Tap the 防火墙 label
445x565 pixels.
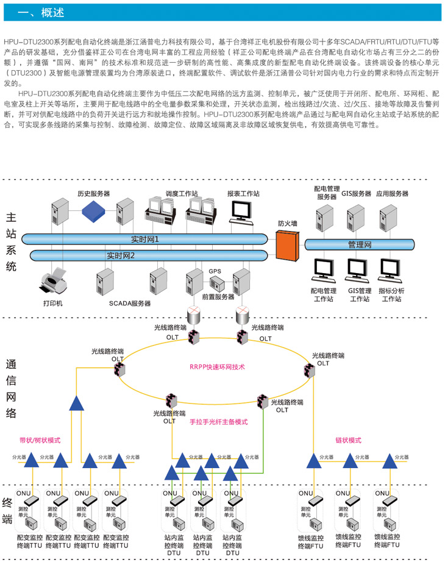click(288, 224)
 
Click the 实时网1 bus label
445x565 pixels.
click(145, 239)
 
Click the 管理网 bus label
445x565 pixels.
click(360, 244)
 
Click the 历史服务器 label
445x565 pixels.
click(93, 193)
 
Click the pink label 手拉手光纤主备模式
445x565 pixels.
click(219, 422)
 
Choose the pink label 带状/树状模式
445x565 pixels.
click(40, 439)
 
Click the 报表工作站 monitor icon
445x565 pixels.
click(241, 210)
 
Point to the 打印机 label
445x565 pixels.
click(52, 303)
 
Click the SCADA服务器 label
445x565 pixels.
click(130, 303)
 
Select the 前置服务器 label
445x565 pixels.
click(218, 297)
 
